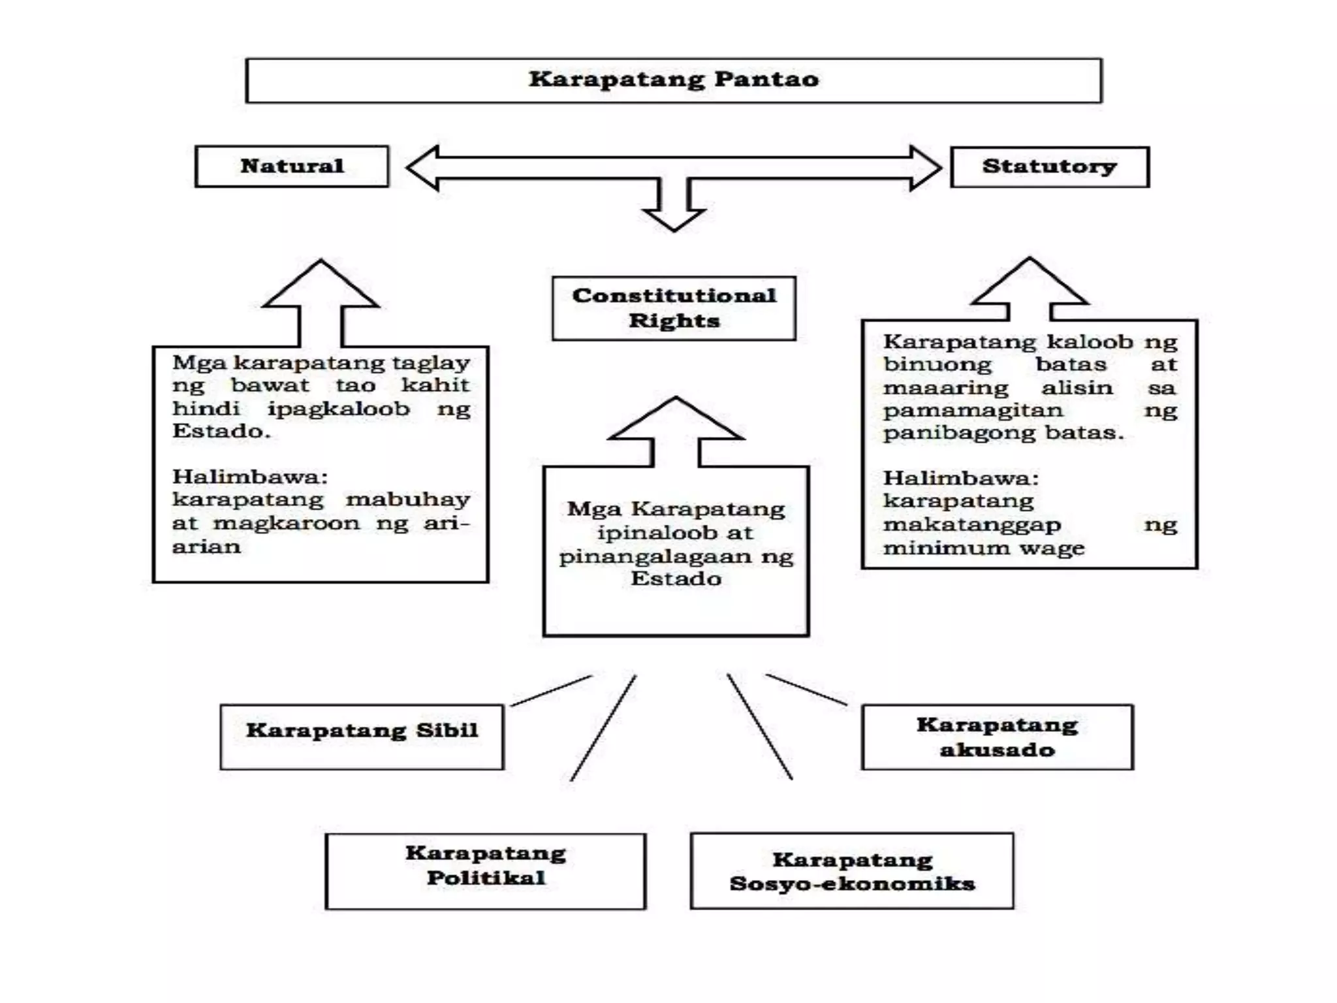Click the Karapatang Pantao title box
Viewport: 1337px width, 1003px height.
674,80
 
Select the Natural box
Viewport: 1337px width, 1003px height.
292,167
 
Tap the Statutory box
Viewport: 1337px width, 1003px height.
1049,167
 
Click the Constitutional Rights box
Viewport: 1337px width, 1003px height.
674,308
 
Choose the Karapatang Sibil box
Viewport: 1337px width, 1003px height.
362,737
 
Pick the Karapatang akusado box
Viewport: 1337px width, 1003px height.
997,737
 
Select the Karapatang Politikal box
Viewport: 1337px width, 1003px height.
485,871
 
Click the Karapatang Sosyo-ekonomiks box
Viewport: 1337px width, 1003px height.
852,871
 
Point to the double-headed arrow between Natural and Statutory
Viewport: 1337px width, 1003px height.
674,168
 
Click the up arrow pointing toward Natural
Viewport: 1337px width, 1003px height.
321,300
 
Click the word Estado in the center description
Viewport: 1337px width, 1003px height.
676,579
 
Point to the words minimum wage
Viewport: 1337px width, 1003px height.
983,548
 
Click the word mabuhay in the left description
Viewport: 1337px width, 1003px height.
407,500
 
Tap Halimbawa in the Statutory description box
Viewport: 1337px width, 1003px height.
960,478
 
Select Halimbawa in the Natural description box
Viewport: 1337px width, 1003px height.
249,477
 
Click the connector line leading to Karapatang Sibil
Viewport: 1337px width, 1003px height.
552,690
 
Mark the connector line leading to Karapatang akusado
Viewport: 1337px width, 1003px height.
806,690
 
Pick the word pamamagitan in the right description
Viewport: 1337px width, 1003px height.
973,410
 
